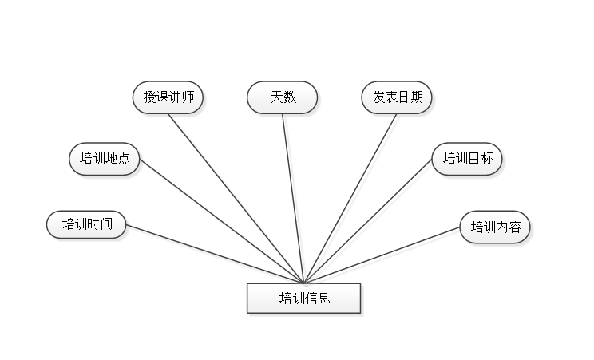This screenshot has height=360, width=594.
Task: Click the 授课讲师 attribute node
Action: point(168,97)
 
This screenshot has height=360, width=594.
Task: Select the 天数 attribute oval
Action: point(283,97)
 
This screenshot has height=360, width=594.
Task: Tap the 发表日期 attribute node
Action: point(398,97)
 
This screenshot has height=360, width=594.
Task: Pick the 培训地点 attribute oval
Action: point(105,158)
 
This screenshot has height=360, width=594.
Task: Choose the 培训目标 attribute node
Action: point(468,158)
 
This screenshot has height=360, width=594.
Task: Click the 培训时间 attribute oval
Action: point(86,224)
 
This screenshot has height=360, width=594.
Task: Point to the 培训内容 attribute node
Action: point(495,227)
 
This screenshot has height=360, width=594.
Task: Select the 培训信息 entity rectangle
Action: point(304,299)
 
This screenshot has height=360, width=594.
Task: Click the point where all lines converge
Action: point(305,282)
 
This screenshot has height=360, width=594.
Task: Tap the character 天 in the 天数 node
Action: point(276,97)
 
